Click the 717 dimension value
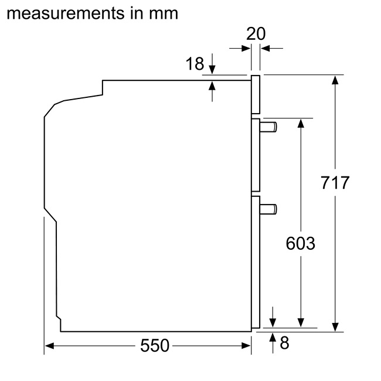335,183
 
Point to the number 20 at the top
256,34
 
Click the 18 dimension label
195,64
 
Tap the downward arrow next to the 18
212,69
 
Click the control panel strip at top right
256,94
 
